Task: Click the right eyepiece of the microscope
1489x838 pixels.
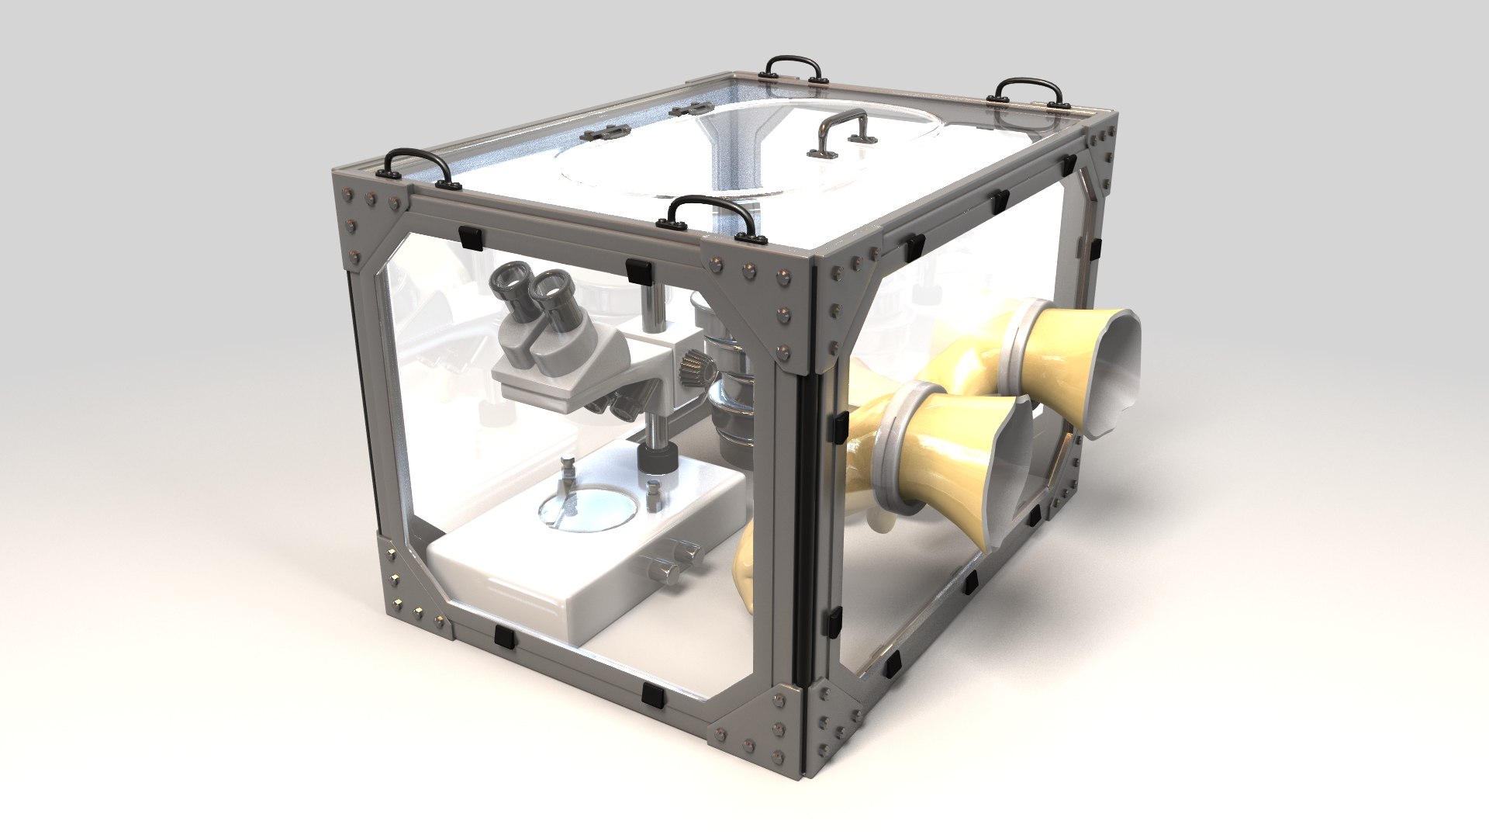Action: tap(552, 289)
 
